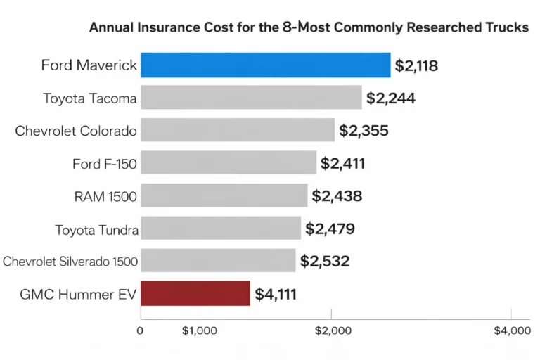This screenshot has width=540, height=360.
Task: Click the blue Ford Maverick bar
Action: tap(265, 65)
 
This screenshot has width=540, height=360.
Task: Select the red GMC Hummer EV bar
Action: tap(195, 293)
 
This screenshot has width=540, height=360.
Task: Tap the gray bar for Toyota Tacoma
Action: tap(251, 98)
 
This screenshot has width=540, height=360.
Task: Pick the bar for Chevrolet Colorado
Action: tap(237, 131)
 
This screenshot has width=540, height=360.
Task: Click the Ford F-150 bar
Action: tap(229, 163)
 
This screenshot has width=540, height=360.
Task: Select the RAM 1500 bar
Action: tap(224, 195)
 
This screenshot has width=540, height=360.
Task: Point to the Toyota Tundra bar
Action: tap(221, 228)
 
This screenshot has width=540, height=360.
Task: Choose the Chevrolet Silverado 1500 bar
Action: tap(218, 261)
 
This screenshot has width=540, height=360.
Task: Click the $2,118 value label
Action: tap(416, 66)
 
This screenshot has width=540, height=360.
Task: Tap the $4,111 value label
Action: tap(276, 294)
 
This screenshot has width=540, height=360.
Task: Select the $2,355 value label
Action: tap(364, 131)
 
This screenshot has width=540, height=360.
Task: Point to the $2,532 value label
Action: tap(325, 262)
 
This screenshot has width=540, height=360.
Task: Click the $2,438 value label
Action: tap(337, 196)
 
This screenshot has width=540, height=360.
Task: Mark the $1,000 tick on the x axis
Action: tap(199, 330)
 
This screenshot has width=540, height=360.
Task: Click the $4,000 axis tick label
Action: tap(512, 330)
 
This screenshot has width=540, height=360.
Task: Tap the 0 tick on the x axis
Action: tap(141, 330)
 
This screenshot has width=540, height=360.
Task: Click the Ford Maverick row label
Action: tap(89, 66)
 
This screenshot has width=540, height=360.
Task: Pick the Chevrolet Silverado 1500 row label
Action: tap(70, 262)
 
